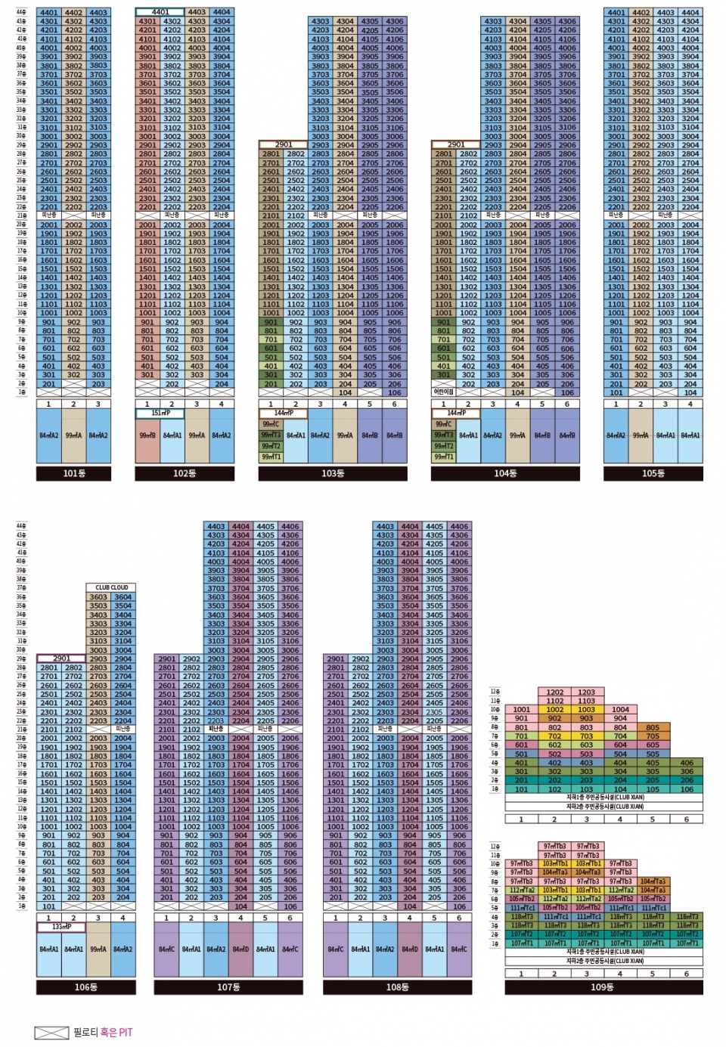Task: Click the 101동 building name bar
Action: click(73, 473)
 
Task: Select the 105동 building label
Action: click(653, 473)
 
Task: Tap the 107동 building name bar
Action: click(228, 987)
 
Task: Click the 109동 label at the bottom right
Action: click(603, 987)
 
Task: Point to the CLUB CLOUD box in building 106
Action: click(111, 587)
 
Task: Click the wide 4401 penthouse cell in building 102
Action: click(160, 12)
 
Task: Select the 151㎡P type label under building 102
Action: click(160, 414)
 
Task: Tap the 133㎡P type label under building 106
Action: click(61, 927)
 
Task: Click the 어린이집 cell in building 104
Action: click(443, 392)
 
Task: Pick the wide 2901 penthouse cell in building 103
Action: click(284, 144)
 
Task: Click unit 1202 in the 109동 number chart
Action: click(554, 692)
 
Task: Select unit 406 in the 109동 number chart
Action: click(686, 763)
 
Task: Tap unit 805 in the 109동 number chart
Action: click(653, 727)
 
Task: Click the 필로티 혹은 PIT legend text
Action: click(103, 1032)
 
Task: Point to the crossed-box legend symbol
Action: click(51, 1033)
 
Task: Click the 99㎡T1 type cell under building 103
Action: click(271, 457)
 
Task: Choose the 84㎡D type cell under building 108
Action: click(410, 949)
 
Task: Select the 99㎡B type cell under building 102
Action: click(147, 435)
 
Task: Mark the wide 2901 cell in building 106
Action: click(61, 658)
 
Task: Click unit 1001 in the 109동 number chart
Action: click(521, 710)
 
